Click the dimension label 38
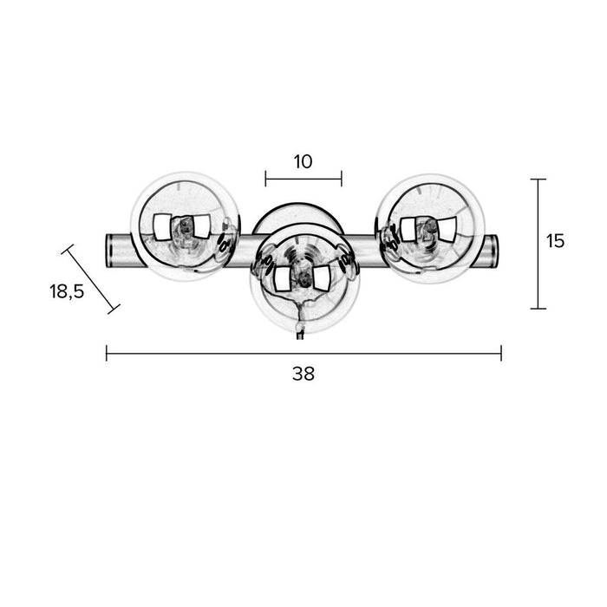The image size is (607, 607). (x=303, y=374)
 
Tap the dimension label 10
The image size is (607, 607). (x=303, y=162)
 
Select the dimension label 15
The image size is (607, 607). (x=556, y=241)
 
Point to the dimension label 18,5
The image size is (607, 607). (x=67, y=291)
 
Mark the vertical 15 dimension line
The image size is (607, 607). (x=538, y=244)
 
